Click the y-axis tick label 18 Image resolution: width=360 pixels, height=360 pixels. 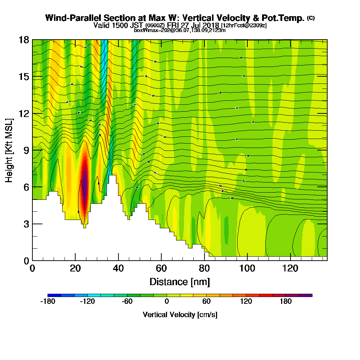click(x=24, y=40)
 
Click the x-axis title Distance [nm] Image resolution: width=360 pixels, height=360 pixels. click(x=180, y=282)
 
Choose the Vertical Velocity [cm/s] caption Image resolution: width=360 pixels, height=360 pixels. click(x=180, y=315)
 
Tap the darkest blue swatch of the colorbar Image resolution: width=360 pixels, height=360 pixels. click(x=54, y=295)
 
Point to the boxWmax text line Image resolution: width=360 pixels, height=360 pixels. click(x=180, y=30)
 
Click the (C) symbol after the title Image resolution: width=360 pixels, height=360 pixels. click(x=311, y=18)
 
